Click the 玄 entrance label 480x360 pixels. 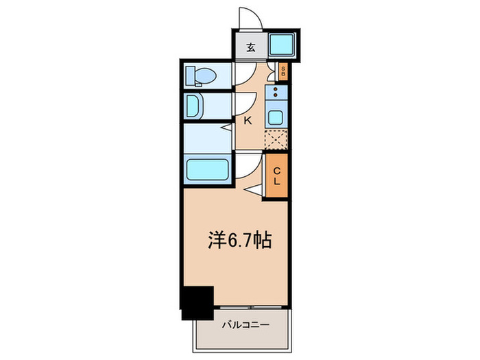click(x=251, y=47)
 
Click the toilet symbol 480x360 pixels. click(x=200, y=75)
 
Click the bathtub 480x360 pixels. click(x=208, y=169)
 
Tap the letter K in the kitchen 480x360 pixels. click(x=248, y=120)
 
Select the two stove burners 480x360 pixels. click(x=276, y=93)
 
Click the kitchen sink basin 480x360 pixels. click(x=276, y=117)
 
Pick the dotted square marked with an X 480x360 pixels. click(x=276, y=139)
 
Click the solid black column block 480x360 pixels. click(x=197, y=302)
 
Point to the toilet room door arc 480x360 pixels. click(x=244, y=74)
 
